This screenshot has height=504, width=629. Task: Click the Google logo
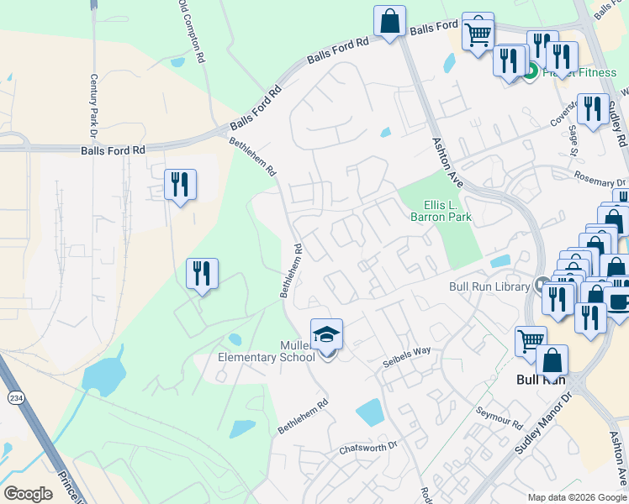(x=28, y=494)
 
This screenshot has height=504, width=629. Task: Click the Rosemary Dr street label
(x=600, y=179)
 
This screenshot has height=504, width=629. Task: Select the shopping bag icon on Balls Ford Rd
(x=389, y=22)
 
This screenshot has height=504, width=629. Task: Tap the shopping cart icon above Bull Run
(x=530, y=341)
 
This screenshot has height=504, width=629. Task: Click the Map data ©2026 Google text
(x=575, y=496)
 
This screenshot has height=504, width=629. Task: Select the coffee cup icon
(x=618, y=303)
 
